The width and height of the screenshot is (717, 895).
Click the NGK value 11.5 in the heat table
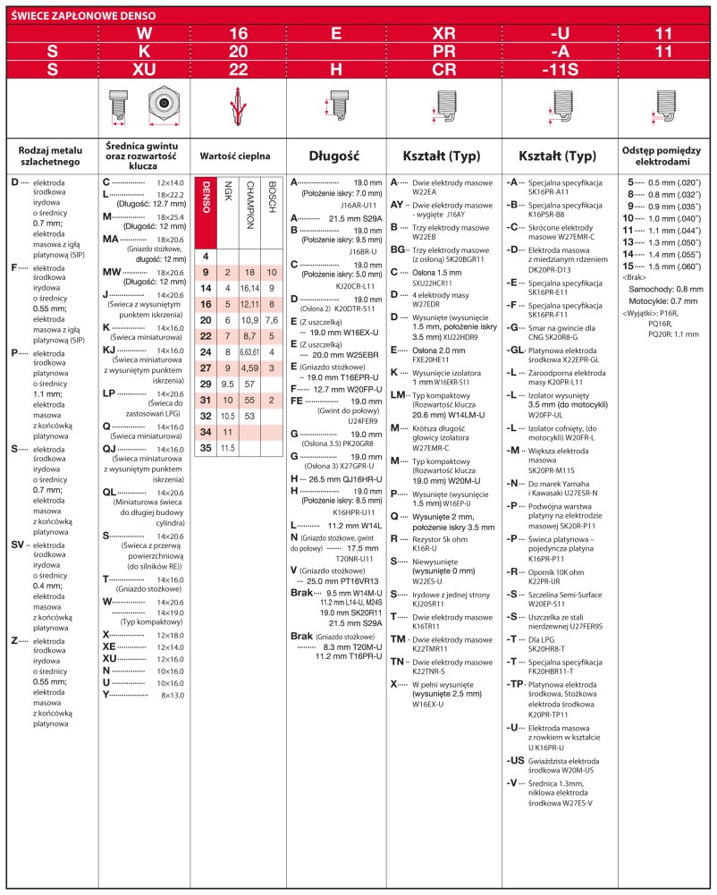pos(228,447)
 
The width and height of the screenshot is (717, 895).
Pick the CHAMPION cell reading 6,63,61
pos(250,352)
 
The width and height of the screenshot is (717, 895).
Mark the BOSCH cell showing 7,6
pos(272,320)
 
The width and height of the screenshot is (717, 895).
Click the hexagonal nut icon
pos(164,105)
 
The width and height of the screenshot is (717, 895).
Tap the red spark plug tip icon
pos(238,106)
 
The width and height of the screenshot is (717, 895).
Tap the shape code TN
pos(398,662)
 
